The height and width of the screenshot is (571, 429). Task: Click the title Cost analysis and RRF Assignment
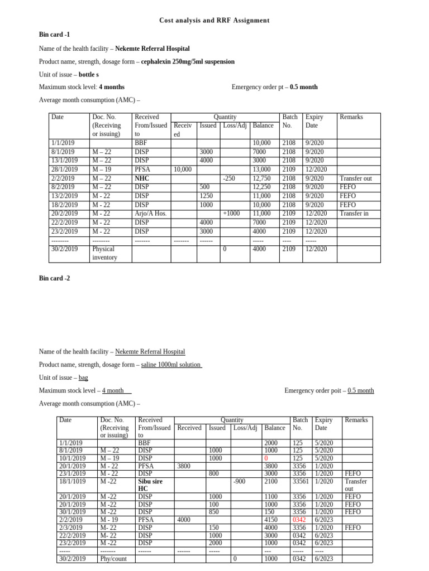point(214,21)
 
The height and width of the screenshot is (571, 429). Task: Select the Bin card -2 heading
point(54,278)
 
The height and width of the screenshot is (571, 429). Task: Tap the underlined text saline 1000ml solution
point(171,365)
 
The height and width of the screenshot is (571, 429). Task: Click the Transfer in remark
point(356,214)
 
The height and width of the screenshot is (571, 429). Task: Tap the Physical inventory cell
point(104,253)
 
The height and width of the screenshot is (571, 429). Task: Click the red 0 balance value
point(266,458)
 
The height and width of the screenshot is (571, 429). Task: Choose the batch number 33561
point(301,481)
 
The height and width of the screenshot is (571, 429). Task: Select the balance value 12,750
point(263,178)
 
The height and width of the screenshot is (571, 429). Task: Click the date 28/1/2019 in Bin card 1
point(63,170)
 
